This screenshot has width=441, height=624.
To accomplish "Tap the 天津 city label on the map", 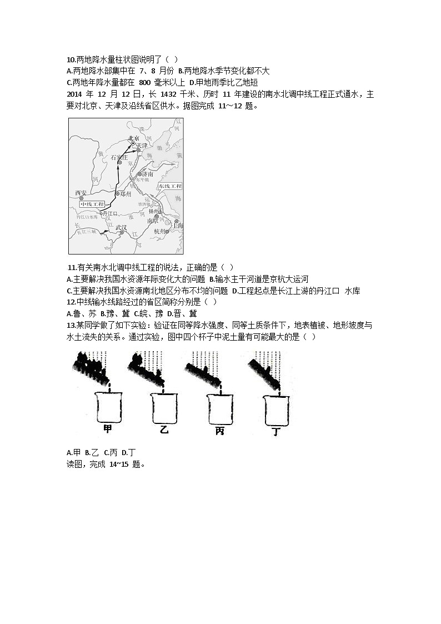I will [142, 146].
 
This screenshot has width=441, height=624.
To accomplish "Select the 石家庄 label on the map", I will [120, 157].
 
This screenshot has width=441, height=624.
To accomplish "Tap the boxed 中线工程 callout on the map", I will [92, 204].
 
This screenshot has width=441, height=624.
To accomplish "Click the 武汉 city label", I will [121, 228].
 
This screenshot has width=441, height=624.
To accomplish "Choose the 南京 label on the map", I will [152, 221].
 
